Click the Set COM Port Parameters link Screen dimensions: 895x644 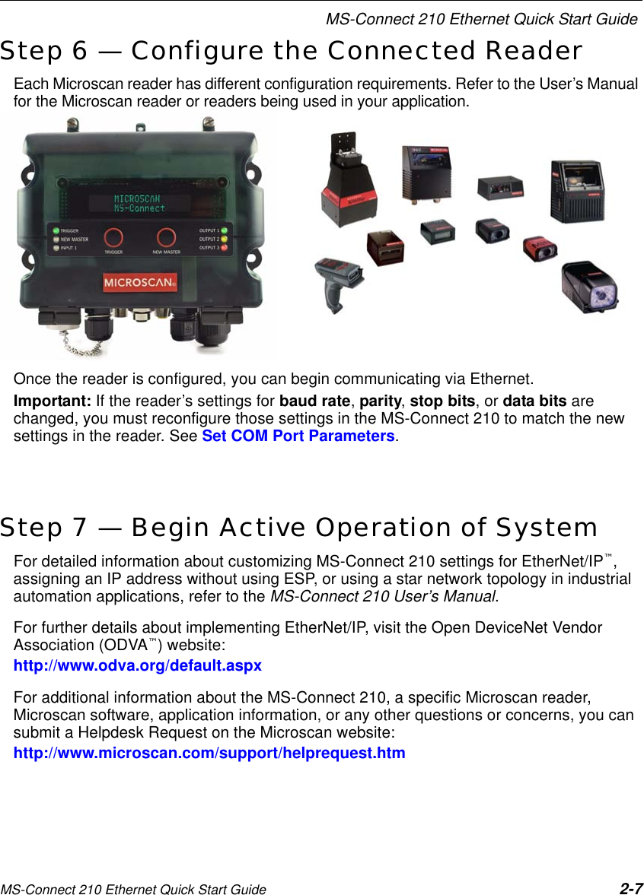(298, 436)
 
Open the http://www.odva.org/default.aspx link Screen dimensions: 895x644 (138, 666)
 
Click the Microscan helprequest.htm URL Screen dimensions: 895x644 (210, 754)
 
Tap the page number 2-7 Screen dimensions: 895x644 (630, 888)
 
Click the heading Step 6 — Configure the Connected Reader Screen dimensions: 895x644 (292, 51)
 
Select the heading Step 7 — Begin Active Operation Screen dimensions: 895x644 (298, 526)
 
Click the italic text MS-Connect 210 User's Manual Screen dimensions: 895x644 (383, 596)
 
